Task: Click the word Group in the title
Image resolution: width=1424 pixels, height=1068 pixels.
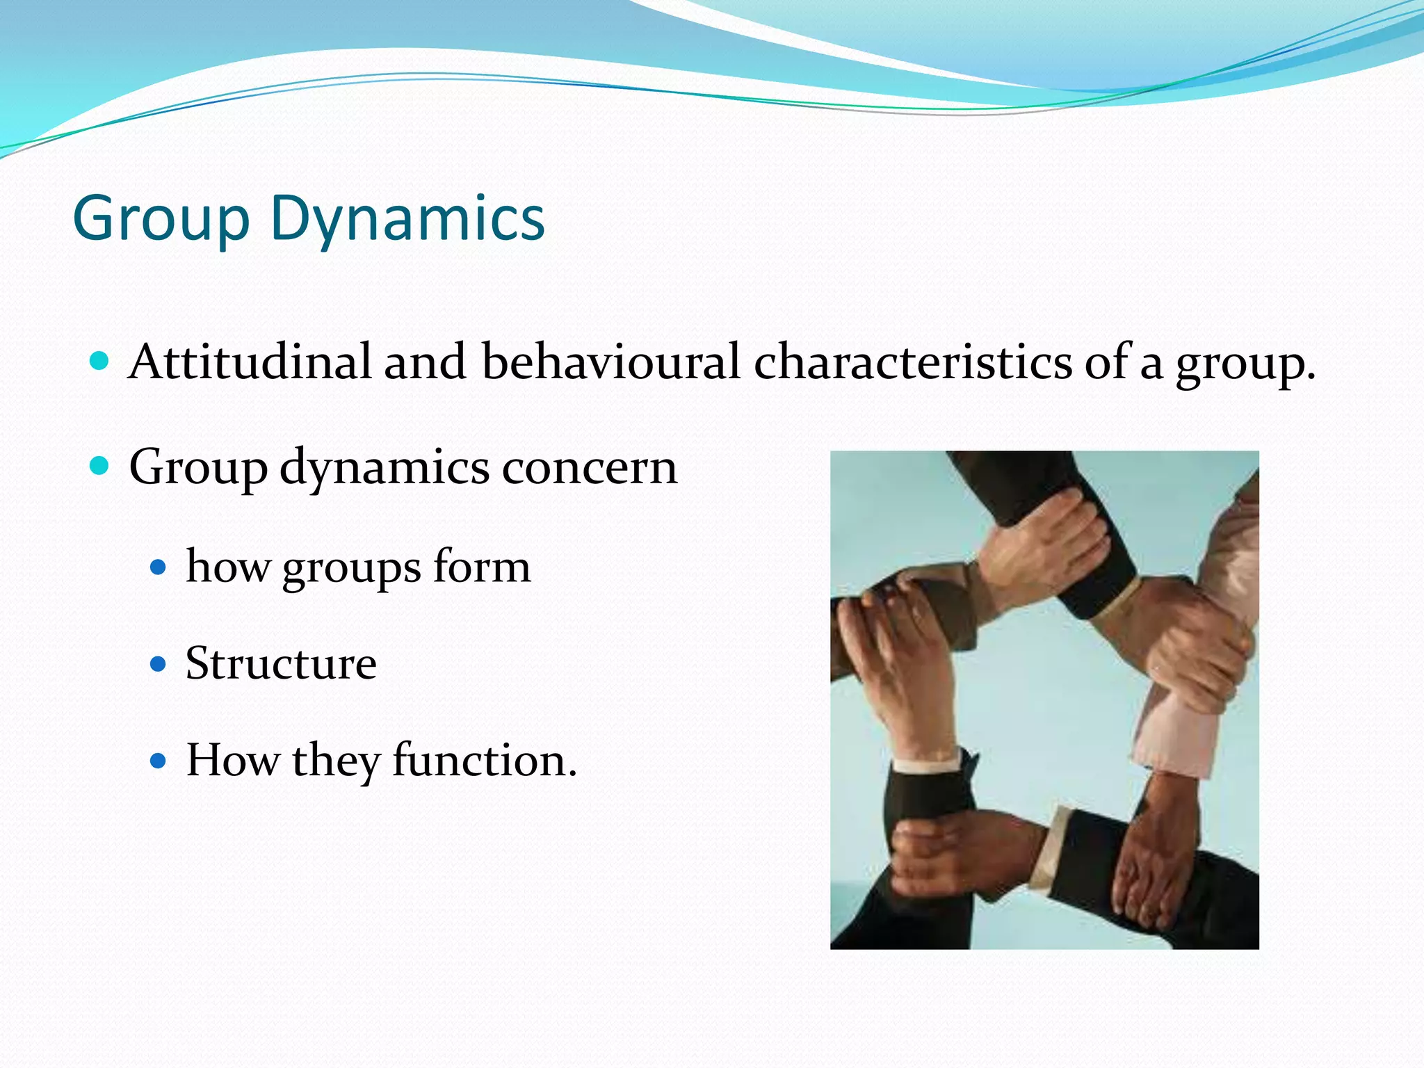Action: (161, 219)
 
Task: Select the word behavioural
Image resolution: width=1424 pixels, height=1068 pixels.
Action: (610, 362)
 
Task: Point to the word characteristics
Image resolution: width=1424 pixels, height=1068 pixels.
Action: (913, 362)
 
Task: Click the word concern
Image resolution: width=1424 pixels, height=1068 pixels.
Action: (589, 467)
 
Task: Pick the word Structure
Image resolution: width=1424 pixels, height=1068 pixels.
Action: (281, 663)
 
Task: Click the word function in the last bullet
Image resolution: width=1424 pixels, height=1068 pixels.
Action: (485, 760)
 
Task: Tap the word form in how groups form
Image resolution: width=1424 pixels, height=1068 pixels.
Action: (482, 567)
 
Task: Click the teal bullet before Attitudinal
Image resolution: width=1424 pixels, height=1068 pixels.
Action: (99, 361)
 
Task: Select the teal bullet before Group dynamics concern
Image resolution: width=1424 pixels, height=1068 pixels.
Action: (99, 465)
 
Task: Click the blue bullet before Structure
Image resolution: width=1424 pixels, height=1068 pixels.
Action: (159, 664)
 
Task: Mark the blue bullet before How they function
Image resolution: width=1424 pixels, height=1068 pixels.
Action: (159, 761)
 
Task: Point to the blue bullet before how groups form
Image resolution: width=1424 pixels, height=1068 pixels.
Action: (159, 567)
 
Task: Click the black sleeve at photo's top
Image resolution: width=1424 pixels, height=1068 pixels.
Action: (1022, 487)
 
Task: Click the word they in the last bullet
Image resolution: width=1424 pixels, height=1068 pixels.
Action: (336, 760)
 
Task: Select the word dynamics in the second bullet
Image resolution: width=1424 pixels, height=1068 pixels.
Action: (384, 467)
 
